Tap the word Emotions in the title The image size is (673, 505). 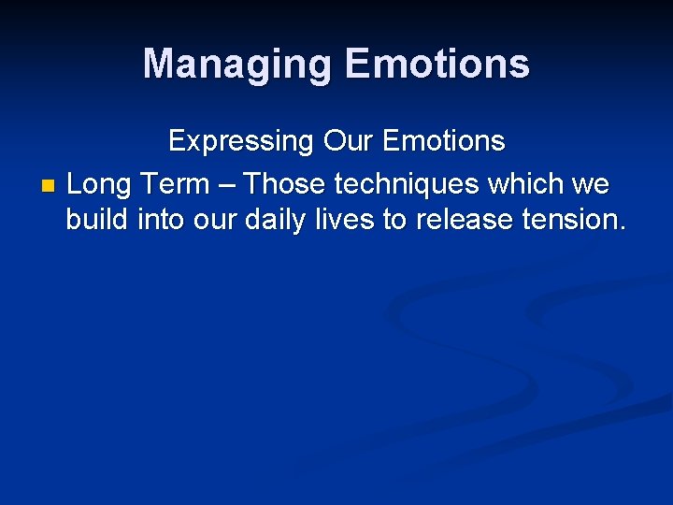coord(437,65)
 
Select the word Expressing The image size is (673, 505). coord(240,142)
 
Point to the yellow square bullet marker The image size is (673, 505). coord(49,185)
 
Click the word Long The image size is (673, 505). coord(98,184)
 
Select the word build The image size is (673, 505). coord(97,221)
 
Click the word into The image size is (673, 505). coord(162,221)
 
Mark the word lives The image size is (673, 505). coord(342,221)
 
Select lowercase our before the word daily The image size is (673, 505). coord(216,221)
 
